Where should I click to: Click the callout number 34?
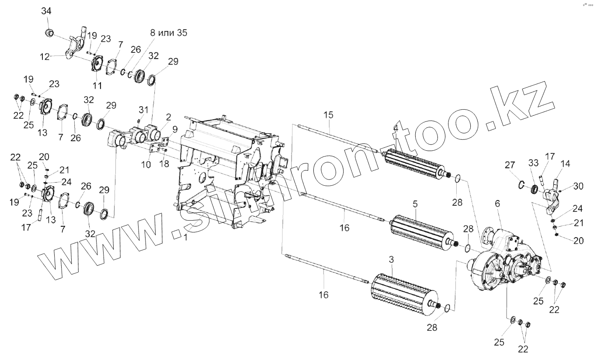[x=46, y=11]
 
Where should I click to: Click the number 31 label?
[x=144, y=109]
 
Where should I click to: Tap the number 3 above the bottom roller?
[x=391, y=260]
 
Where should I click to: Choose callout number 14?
[x=565, y=164]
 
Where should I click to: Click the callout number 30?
[x=578, y=186]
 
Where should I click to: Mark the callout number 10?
[x=146, y=165]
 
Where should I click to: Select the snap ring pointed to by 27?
[x=521, y=185]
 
